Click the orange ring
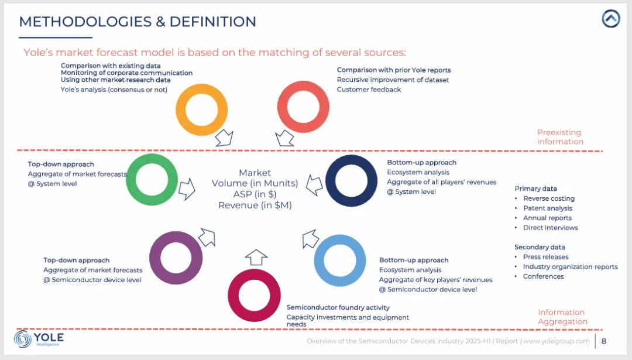201,110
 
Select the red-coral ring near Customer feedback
303,107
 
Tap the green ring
152,180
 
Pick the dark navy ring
351,181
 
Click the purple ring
175,258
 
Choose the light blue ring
340,260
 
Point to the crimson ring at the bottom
253,294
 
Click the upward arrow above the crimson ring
256,256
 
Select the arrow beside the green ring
187,189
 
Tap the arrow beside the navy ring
315,185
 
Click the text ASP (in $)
255,194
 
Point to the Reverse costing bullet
548,198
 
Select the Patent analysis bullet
547,208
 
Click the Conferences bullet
543,276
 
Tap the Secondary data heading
540,247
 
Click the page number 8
603,341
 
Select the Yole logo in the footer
39,339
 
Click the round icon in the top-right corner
610,19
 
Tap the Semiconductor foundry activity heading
338,307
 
